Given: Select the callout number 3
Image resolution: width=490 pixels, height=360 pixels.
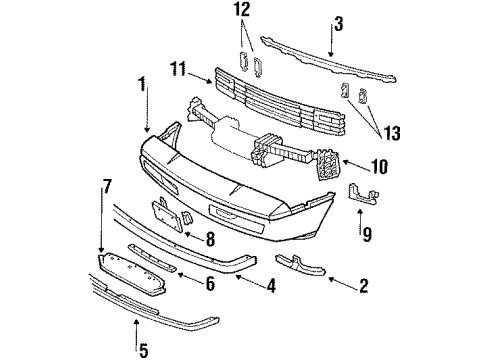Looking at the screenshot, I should coord(338,21).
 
